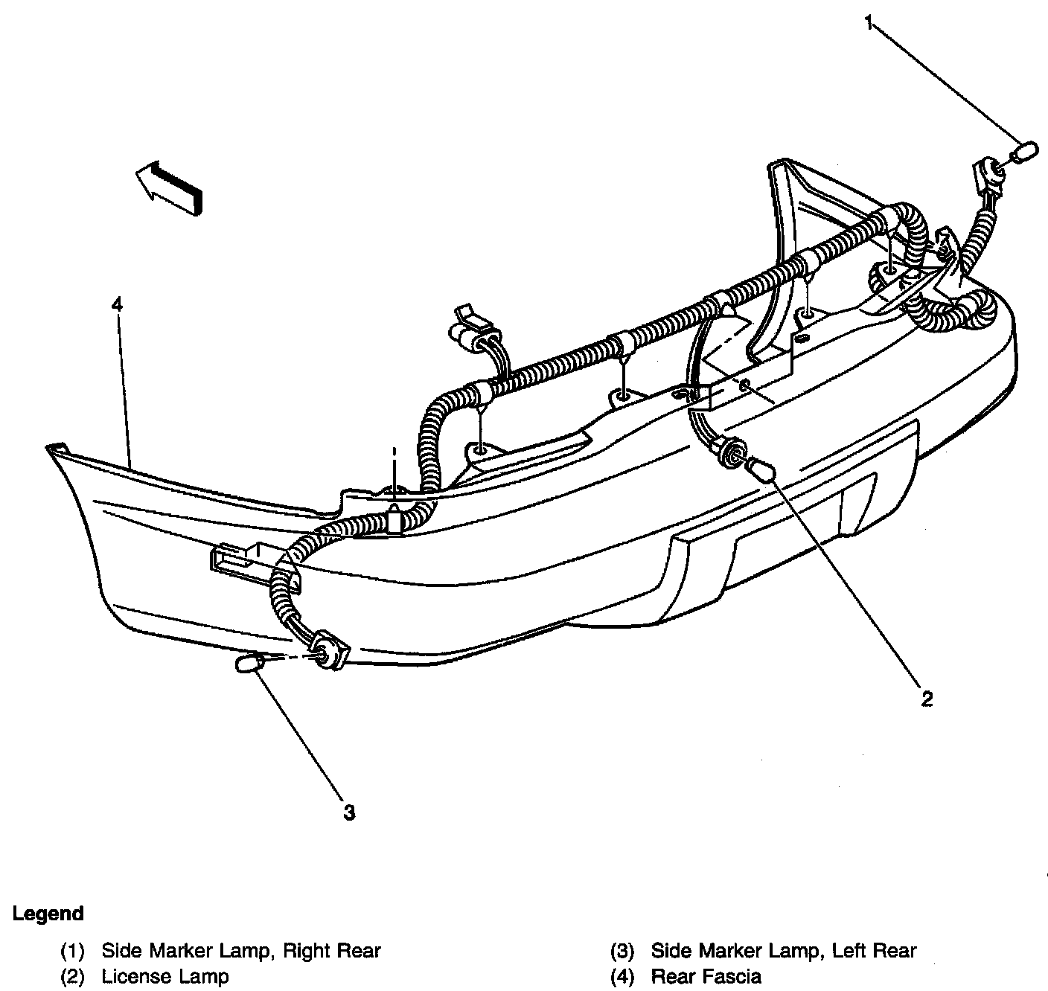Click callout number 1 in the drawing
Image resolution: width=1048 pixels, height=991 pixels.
point(869,22)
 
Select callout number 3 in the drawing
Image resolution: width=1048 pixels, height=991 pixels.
point(349,812)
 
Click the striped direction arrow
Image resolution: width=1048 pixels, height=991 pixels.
point(170,187)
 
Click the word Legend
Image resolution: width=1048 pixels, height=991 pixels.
point(48,913)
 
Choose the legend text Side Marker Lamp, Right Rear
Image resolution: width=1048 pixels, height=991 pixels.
point(241,950)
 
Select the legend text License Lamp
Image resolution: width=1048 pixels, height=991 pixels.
point(164,975)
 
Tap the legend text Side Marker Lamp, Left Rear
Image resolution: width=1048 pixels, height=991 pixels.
point(783,950)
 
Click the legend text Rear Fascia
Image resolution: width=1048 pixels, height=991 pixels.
point(706,975)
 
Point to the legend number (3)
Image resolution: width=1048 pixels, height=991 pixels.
point(622,950)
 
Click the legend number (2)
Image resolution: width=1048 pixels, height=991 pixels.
point(72,975)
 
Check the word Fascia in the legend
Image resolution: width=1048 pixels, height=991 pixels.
point(732,975)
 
